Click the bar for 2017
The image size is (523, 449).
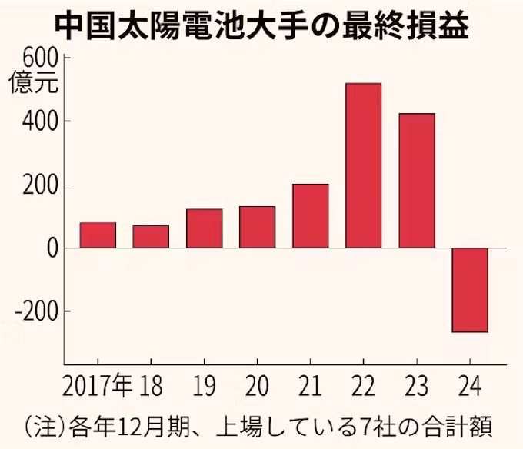(98, 235)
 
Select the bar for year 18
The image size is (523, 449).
(151, 237)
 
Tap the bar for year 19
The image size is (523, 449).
(204, 228)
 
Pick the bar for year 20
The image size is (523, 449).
(257, 227)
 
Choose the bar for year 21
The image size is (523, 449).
(310, 216)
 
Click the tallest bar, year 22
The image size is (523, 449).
(363, 165)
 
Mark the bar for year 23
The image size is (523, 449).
(416, 181)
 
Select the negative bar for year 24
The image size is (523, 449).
(469, 290)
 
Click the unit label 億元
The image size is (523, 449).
(33, 82)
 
